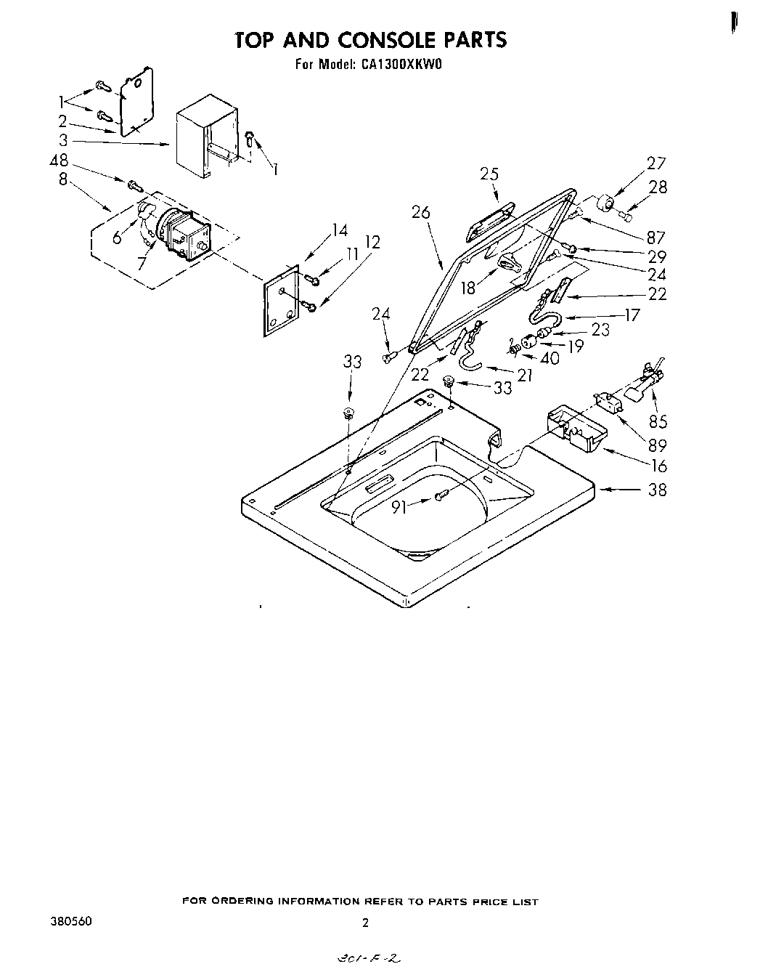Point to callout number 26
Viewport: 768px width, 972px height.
[420, 212]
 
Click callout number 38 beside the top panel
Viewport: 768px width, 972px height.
[656, 490]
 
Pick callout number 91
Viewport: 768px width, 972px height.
[399, 509]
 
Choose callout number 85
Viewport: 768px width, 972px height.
[658, 421]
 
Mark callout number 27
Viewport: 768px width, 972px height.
[655, 163]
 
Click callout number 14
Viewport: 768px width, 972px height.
[339, 230]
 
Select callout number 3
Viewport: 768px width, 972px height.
[63, 141]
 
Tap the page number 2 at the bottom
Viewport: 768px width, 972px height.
[365, 924]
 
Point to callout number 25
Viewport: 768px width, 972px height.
[489, 174]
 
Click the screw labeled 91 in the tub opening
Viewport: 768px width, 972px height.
[441, 495]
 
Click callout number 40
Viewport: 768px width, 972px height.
[550, 358]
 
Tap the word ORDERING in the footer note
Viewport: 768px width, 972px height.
[246, 902]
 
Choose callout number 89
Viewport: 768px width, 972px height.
[658, 445]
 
